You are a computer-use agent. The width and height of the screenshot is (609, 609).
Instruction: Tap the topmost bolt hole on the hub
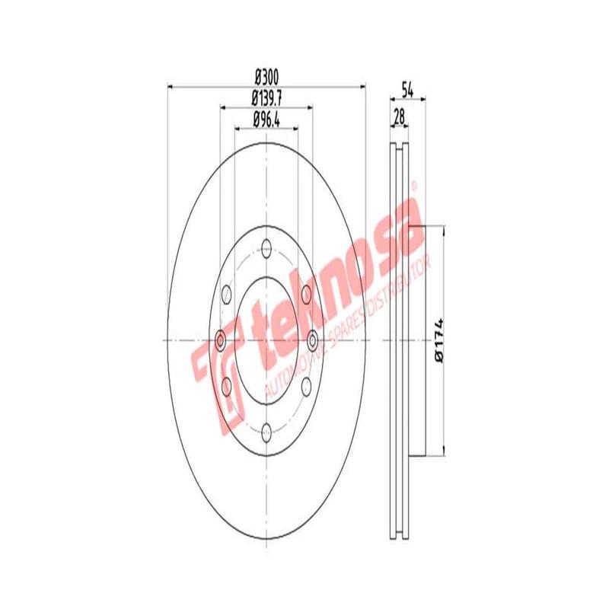[266, 247]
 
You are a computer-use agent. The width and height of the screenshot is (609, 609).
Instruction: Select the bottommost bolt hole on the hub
[266, 433]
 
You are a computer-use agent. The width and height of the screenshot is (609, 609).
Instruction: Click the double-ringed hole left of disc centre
[222, 340]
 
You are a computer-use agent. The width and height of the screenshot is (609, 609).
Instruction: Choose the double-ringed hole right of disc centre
[311, 340]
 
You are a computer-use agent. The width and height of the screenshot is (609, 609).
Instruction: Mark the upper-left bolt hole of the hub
[226, 294]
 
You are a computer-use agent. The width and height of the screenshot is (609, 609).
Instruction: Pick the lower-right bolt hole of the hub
[306, 386]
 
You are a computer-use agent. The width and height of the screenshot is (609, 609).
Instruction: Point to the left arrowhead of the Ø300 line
[169, 86]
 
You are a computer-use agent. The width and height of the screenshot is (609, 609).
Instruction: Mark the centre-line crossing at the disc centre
[266, 340]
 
